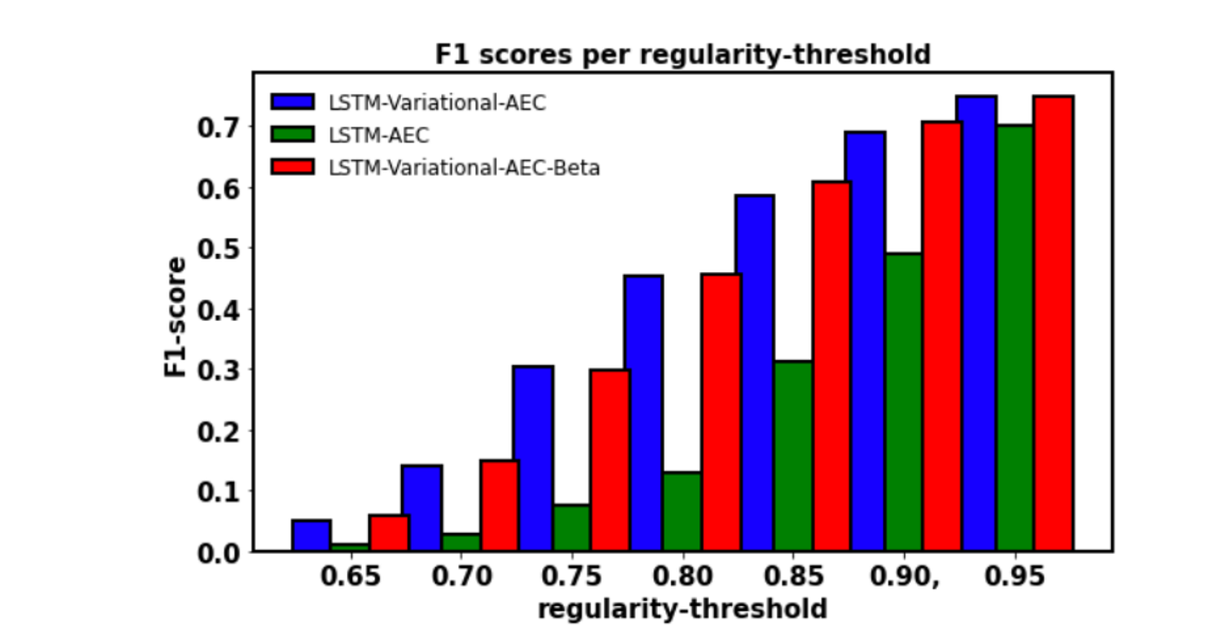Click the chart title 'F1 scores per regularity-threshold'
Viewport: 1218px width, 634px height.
(x=682, y=55)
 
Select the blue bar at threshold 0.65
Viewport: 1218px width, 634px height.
(x=311, y=536)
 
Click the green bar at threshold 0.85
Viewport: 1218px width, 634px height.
(x=793, y=456)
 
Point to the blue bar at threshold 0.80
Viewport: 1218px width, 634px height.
(x=643, y=413)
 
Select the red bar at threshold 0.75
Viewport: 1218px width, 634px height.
(x=610, y=460)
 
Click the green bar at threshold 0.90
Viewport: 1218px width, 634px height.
(x=904, y=402)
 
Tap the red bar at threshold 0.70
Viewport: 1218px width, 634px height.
(x=499, y=505)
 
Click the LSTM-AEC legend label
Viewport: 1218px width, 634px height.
(x=378, y=135)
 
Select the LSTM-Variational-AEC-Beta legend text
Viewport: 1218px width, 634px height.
(x=464, y=168)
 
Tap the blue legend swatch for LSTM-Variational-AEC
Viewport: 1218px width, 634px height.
(x=291, y=102)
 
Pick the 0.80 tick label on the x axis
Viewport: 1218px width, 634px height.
(x=682, y=577)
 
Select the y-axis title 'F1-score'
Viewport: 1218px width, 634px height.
(x=176, y=317)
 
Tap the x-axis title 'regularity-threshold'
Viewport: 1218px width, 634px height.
(x=682, y=609)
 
